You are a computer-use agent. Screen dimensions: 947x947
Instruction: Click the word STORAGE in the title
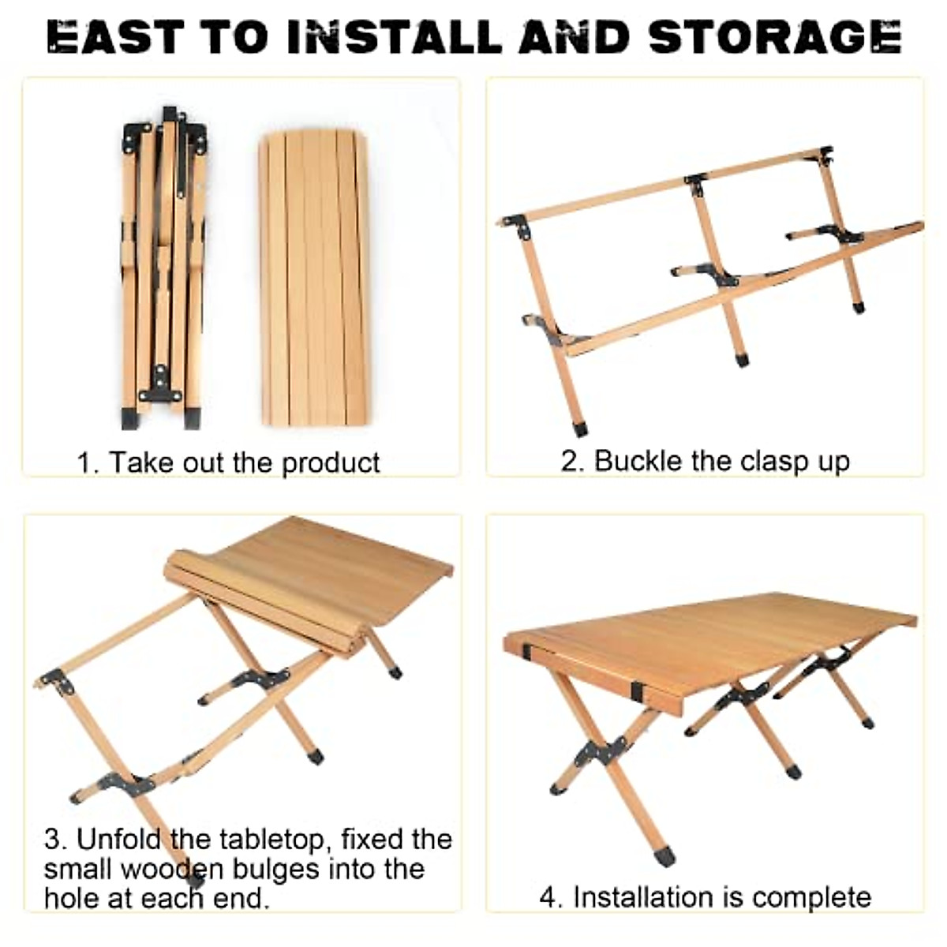click(774, 37)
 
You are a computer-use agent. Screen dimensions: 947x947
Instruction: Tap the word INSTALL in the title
click(394, 37)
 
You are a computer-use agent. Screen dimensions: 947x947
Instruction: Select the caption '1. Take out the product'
click(228, 462)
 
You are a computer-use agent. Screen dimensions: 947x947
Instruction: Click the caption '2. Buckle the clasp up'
click(705, 461)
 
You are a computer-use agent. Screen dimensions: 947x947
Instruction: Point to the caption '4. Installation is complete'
click(705, 897)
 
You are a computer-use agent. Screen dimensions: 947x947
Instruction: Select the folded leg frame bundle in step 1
click(162, 268)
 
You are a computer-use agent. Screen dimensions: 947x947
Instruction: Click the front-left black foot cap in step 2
click(580, 429)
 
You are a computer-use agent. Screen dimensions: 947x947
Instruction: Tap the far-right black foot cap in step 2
click(858, 307)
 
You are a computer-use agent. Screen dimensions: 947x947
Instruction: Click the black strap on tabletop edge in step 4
click(637, 691)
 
